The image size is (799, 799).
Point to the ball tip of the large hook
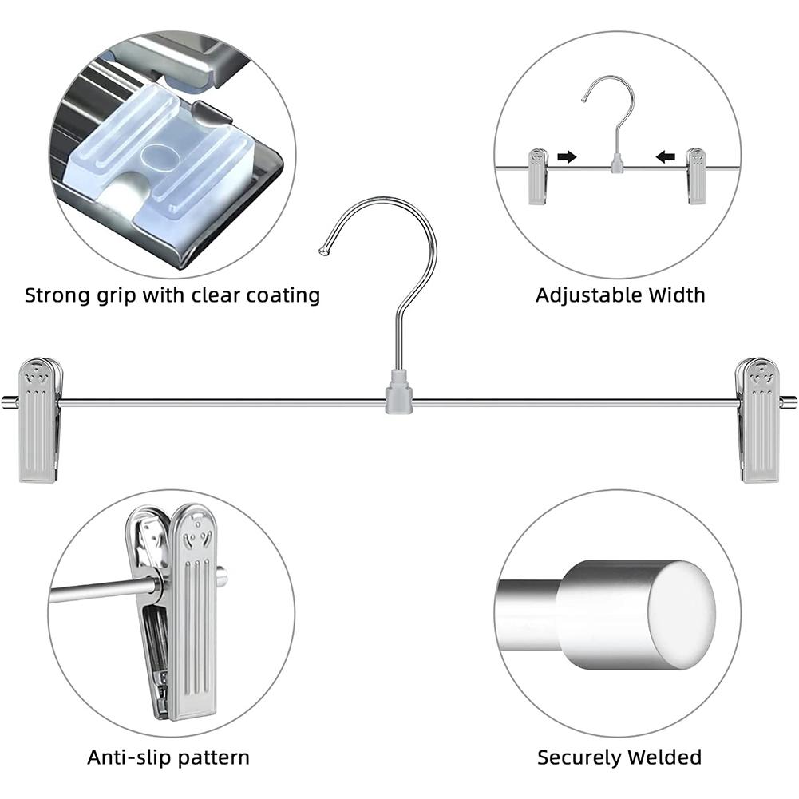tap(323, 252)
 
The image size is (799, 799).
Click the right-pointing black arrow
tap(567, 157)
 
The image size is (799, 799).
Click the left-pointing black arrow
tap(665, 157)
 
